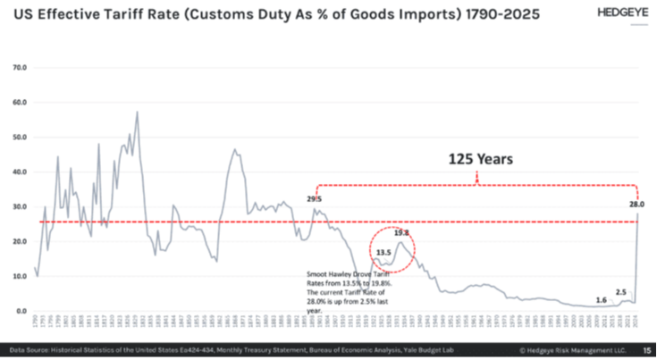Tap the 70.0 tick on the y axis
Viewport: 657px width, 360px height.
(x=19, y=67)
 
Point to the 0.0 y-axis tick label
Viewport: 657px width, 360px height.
(x=20, y=311)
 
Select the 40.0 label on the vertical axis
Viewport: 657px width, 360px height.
(x=19, y=172)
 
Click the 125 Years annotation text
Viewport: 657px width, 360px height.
(x=479, y=161)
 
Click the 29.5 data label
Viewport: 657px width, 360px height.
(x=314, y=199)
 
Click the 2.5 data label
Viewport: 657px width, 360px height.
(x=620, y=292)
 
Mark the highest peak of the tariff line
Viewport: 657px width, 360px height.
(x=137, y=113)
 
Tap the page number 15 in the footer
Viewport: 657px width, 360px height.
(x=647, y=349)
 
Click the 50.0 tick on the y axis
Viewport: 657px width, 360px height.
(x=19, y=137)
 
